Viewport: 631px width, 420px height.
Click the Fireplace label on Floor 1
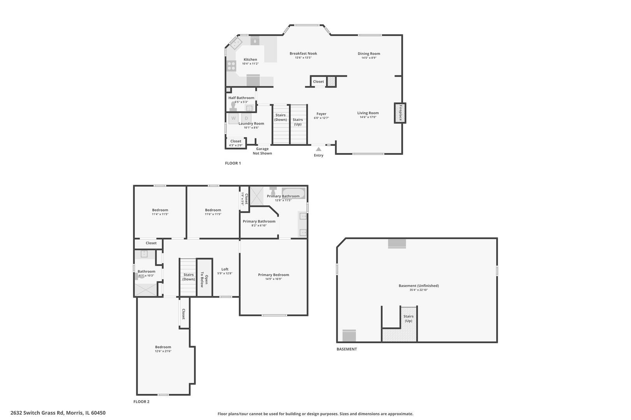pyautogui.click(x=400, y=113)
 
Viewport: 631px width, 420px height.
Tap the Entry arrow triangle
pyautogui.click(x=319, y=149)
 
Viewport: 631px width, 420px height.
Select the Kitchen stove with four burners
pyautogui.click(x=231, y=66)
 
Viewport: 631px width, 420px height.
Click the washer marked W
pyautogui.click(x=234, y=119)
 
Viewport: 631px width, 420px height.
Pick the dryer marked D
pyautogui.click(x=246, y=119)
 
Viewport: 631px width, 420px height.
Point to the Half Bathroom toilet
pyautogui.click(x=233, y=106)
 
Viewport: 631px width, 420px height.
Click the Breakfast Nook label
pyautogui.click(x=303, y=53)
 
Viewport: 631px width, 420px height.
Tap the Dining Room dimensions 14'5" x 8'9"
pyautogui.click(x=369, y=58)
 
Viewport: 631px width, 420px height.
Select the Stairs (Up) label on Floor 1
pyautogui.click(x=298, y=122)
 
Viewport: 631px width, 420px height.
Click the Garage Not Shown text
pyautogui.click(x=262, y=151)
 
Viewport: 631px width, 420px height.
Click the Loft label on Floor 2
pyautogui.click(x=225, y=269)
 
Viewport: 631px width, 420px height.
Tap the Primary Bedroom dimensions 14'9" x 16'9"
pyautogui.click(x=273, y=279)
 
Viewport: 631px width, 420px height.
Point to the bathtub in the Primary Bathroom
pyautogui.click(x=294, y=193)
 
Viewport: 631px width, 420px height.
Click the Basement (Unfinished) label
pyautogui.click(x=419, y=285)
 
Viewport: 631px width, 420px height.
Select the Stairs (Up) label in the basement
pyautogui.click(x=409, y=318)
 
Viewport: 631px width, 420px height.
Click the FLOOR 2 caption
pyautogui.click(x=141, y=401)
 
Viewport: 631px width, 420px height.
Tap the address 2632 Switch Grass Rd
pyautogui.click(x=37, y=413)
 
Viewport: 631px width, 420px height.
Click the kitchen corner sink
pyautogui.click(x=236, y=44)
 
